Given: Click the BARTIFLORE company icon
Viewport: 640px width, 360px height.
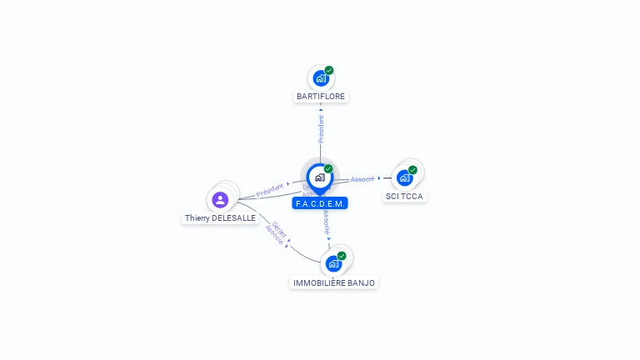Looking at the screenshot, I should point(320,78).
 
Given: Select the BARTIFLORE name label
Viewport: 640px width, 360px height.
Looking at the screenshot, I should point(321,97).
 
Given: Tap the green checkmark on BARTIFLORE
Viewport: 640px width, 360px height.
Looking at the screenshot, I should point(329,71).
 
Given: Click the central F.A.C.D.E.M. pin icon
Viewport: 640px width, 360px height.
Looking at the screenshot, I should point(319,177).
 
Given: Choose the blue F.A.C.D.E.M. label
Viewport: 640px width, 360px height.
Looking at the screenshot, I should point(320,203).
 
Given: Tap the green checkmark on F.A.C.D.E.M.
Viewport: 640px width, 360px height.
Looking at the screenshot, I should point(328,169).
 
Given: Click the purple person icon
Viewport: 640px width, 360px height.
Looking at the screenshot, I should point(220,199).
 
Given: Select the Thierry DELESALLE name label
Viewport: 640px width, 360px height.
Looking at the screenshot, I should point(220,218).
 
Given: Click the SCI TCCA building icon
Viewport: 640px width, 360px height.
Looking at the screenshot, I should point(405,177).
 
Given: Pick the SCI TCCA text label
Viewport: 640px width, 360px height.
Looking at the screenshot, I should point(406,197).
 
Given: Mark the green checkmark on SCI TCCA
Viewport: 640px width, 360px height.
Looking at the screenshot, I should point(412,170).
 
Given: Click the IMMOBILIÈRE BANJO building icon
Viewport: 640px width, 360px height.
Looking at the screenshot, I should point(333,263).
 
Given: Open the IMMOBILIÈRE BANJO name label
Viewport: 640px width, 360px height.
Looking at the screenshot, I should point(334,283).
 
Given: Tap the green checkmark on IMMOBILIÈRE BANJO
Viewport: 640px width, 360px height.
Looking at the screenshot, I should point(342,256).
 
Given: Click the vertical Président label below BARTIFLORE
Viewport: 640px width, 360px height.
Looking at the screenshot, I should point(321,128).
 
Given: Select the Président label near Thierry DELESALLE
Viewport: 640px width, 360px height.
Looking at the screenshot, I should point(270,190).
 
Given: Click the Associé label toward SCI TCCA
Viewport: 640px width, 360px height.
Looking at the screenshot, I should point(362,179).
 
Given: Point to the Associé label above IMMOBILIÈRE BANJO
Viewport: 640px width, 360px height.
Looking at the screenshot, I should point(327,222).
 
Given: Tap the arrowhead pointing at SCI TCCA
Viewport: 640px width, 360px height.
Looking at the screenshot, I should point(379,177).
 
